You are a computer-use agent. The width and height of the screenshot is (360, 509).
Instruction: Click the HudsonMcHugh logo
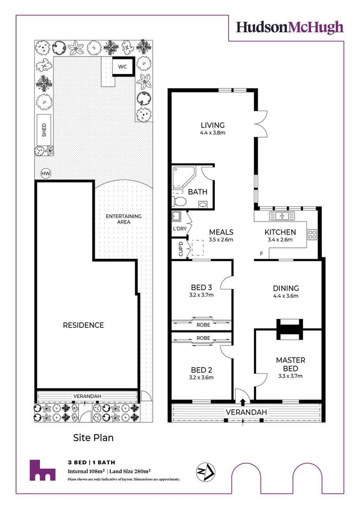(x=290, y=27)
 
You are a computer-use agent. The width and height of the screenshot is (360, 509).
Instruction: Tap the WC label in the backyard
(x=123, y=67)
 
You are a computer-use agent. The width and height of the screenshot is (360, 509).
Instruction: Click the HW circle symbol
(x=46, y=174)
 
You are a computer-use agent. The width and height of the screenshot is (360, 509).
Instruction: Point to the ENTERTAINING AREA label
(x=123, y=220)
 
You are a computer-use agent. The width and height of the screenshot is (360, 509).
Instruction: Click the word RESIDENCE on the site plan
(x=83, y=325)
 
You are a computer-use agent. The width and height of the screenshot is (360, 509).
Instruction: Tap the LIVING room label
(x=213, y=125)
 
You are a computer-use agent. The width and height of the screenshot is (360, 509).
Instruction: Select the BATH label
(x=197, y=192)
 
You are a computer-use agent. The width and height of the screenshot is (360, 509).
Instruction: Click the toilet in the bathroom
(x=180, y=201)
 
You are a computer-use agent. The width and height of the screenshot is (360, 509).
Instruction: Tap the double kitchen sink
(x=282, y=216)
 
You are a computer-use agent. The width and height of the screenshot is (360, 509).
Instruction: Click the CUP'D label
(x=180, y=249)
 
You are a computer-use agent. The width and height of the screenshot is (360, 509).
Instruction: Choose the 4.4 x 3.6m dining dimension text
(x=286, y=296)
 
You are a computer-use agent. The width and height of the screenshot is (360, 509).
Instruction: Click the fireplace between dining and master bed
(x=289, y=329)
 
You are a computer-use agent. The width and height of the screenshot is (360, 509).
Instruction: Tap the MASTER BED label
(x=290, y=364)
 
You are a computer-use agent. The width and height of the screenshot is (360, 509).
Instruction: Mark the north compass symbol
(x=205, y=472)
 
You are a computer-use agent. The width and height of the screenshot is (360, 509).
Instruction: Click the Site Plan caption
(x=93, y=438)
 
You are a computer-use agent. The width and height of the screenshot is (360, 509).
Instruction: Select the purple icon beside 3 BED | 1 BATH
(x=42, y=470)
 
